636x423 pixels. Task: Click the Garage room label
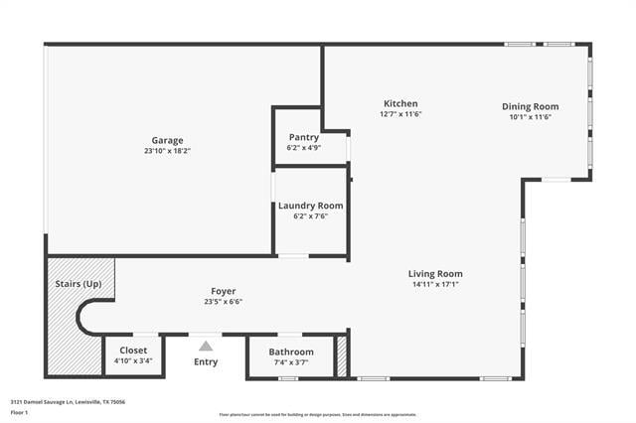pos(167,140)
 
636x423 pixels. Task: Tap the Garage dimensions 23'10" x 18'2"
pos(167,151)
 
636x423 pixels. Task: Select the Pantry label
pos(304,137)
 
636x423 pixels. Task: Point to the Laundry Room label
pos(310,206)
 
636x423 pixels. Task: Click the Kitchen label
pos(400,103)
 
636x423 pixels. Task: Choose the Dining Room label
pos(530,106)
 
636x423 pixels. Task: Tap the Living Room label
pos(435,273)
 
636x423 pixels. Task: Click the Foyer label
pos(223,291)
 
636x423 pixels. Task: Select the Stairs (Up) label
pos(78,284)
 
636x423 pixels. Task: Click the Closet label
pos(133,351)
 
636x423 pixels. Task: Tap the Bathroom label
pos(291,352)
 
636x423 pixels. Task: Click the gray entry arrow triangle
pos(206,346)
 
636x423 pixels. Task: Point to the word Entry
pos(206,361)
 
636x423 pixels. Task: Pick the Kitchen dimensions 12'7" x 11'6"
pos(400,114)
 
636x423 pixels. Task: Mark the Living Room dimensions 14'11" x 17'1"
pos(435,284)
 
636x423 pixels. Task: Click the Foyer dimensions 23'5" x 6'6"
pos(223,302)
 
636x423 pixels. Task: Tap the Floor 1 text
pos(20,412)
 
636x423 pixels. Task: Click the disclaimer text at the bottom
pos(318,415)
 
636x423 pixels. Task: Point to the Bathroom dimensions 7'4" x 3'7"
pos(291,362)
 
